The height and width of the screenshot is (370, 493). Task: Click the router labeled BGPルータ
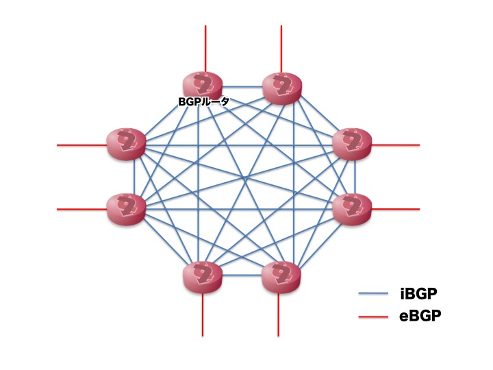[x=203, y=85]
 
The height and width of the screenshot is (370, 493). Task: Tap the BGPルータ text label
[x=203, y=101]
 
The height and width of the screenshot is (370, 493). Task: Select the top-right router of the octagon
[x=281, y=88]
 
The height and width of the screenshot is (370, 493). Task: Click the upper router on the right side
[x=352, y=144]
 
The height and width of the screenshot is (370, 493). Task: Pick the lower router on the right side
[x=352, y=209]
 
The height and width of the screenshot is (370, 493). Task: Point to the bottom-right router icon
[x=281, y=277]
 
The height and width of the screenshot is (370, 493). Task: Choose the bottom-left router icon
[x=203, y=277]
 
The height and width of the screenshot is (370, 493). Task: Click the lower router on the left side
[x=126, y=209]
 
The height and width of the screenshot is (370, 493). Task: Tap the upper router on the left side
[x=126, y=144]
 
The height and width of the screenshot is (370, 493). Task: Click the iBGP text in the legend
[x=418, y=293]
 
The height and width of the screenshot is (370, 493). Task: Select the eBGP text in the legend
[x=420, y=316]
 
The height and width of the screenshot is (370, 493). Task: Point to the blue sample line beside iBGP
[x=373, y=294]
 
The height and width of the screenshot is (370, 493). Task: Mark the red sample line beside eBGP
[x=373, y=317]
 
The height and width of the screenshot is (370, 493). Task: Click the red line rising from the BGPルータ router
[x=205, y=49]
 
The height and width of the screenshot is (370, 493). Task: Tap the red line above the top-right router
[x=281, y=49]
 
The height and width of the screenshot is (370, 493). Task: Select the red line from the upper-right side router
[x=396, y=145]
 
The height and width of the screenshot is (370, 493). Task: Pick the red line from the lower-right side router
[x=396, y=209]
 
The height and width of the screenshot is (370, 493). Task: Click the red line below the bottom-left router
[x=203, y=314]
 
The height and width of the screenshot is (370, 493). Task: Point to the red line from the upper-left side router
[x=81, y=145]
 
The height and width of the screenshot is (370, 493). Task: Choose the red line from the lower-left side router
[x=81, y=209]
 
